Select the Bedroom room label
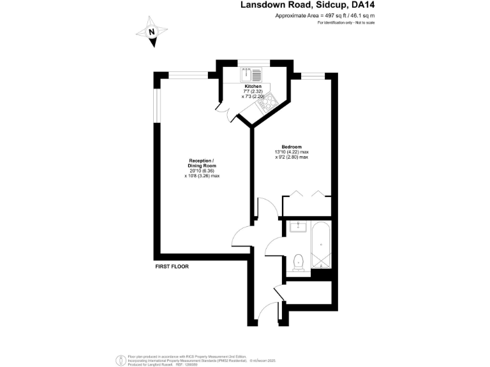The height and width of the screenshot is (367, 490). [x=292, y=147]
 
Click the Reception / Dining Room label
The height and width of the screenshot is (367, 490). [x=202, y=162]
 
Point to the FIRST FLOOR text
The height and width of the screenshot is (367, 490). [x=172, y=266]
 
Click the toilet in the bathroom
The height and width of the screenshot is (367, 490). [x=297, y=261]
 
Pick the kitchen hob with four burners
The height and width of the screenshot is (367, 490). [x=265, y=100]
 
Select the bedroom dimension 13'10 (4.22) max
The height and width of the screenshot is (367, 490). [x=292, y=152]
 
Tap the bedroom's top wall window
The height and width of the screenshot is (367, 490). [x=313, y=76]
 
